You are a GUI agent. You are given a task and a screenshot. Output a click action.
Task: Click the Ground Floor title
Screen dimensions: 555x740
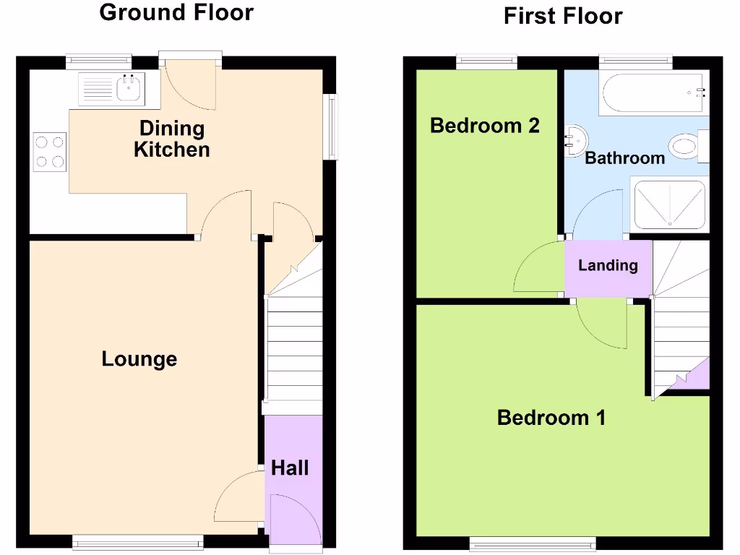coord(176,12)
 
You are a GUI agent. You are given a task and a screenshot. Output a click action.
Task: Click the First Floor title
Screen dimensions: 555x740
coord(562,15)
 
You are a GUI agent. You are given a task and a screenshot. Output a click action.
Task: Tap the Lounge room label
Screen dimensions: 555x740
coord(139,358)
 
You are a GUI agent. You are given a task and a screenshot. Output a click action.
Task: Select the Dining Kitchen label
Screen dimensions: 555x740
coord(172,139)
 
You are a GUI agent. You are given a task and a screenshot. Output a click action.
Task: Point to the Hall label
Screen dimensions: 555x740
coord(290,468)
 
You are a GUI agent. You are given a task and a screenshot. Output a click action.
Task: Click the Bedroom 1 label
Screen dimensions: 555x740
coord(551,417)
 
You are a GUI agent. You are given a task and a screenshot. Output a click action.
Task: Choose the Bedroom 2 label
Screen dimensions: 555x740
coord(484,125)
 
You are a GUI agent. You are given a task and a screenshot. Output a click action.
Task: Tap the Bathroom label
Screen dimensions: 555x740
coord(624,158)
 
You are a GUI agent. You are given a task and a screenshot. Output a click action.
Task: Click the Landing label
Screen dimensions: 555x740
coord(608,265)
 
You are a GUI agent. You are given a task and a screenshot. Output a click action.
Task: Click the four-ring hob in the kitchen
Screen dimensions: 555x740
coord(49,152)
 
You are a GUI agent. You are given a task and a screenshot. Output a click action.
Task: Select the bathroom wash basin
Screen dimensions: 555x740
coord(575,138)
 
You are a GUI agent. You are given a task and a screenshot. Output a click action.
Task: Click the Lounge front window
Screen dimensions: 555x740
coord(138,539)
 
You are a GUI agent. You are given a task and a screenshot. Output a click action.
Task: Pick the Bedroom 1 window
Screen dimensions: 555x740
coord(533,541)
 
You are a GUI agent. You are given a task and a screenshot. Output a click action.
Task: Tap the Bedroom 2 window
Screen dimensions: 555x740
coord(486,62)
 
